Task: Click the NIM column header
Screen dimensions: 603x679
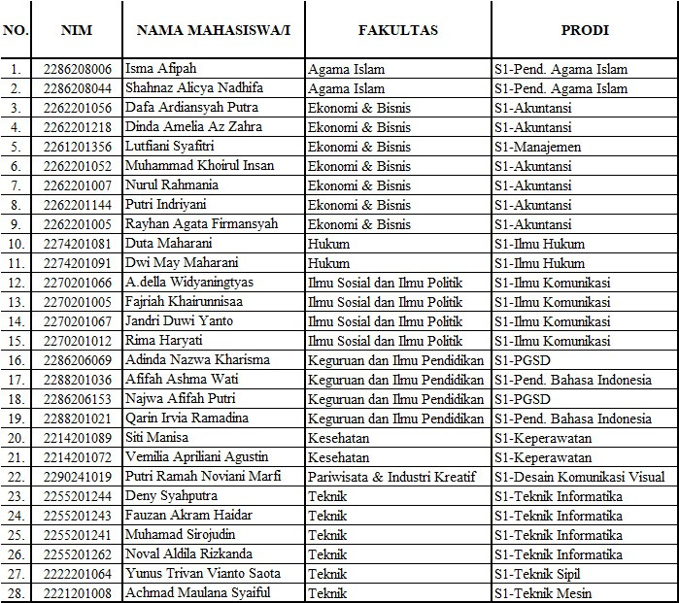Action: [x=76, y=30]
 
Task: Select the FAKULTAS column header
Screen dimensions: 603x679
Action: [x=397, y=30]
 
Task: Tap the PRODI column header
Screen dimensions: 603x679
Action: [x=585, y=30]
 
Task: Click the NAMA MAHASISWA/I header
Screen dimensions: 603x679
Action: [x=214, y=30]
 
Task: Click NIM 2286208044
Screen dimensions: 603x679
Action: [x=77, y=88]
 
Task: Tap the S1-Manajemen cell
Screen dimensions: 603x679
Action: [x=538, y=147]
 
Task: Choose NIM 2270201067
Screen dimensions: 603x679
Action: [x=77, y=321]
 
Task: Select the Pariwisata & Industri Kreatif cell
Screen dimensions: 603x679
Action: [x=396, y=477]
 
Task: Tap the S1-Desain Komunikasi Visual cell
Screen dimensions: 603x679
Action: [x=579, y=477]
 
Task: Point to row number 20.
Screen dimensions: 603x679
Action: [x=16, y=438]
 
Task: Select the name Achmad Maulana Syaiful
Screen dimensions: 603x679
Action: [x=197, y=593]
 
